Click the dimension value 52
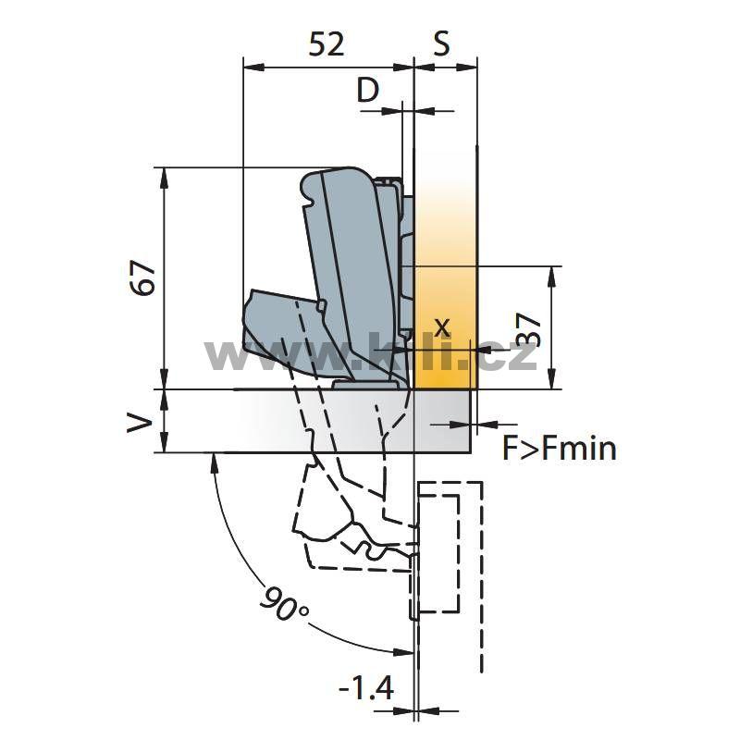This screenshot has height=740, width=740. [x=327, y=44]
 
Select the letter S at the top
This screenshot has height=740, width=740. [x=441, y=43]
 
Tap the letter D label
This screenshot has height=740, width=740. [x=367, y=90]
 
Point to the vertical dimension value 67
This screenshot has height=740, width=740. [x=143, y=277]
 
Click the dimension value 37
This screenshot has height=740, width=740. [x=528, y=330]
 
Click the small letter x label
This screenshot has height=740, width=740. [x=442, y=327]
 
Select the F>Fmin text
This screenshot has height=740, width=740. [x=560, y=448]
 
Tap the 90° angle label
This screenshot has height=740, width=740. [x=283, y=603]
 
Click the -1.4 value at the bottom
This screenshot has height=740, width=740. [x=366, y=687]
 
